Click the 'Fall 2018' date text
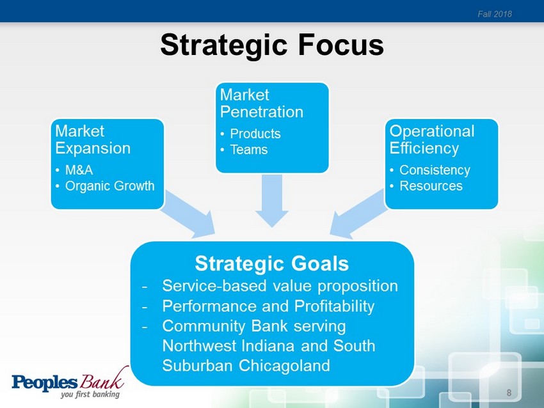[494, 14]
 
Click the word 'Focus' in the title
[340, 45]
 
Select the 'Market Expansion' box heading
[93, 139]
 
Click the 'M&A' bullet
[79, 170]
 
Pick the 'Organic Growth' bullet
[109, 186]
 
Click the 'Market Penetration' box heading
[261, 104]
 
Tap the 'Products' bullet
[255, 134]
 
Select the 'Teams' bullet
[249, 150]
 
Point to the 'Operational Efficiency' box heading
[431, 139]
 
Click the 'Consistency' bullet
[435, 170]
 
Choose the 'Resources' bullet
[431, 186]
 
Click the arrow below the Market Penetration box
[271, 200]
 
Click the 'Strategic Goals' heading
[271, 263]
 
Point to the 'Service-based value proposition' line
[280, 286]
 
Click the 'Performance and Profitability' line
[268, 306]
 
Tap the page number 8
[509, 393]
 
